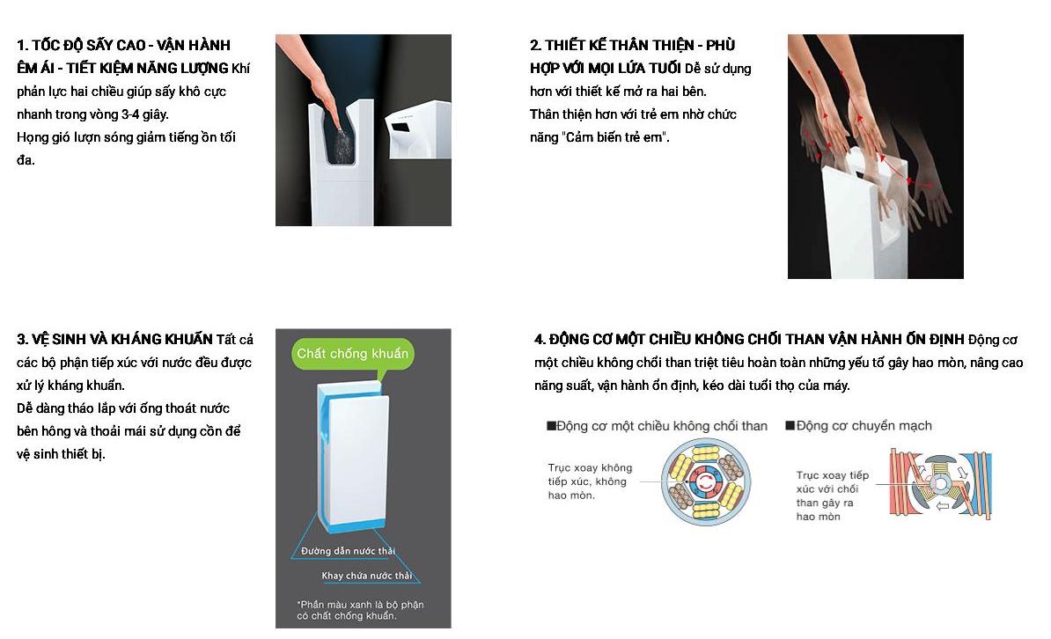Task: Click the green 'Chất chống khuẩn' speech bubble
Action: [353, 353]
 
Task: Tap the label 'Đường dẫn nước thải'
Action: [348, 551]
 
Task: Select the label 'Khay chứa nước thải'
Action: [367, 576]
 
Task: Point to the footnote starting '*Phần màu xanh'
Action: [360, 609]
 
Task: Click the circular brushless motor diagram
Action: [705, 482]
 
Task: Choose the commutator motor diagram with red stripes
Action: [940, 484]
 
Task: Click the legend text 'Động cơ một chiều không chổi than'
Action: [657, 426]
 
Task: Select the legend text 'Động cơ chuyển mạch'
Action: [858, 426]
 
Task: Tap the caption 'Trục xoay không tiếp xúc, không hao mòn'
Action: [590, 481]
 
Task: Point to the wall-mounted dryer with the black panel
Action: [417, 129]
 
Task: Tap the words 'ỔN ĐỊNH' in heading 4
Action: [937, 339]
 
